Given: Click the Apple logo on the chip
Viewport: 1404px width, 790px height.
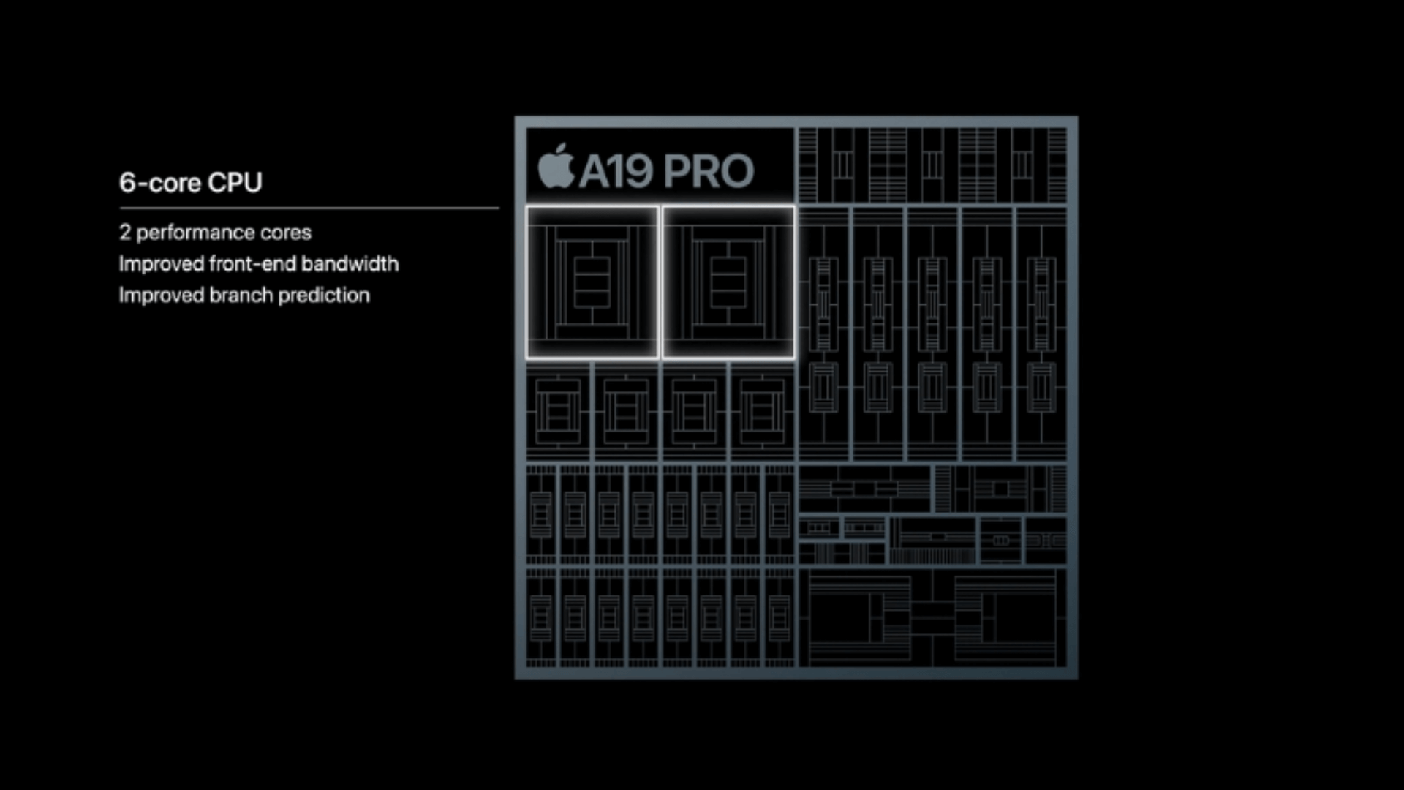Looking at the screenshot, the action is tap(556, 167).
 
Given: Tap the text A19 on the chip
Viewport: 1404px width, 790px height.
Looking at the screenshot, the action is tap(616, 171).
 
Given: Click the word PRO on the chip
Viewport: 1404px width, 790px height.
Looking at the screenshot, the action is tap(709, 171).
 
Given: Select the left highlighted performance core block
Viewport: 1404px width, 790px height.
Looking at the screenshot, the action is tap(592, 282).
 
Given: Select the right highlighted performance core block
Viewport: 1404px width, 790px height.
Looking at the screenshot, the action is tap(728, 282).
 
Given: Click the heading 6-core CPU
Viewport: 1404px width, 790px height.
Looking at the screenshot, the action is tap(190, 182).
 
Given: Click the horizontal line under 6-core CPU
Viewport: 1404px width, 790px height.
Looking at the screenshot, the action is tap(309, 208).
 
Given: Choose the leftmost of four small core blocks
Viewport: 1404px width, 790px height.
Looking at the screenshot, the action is tap(558, 411).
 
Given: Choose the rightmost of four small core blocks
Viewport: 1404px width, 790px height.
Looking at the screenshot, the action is tap(762, 411).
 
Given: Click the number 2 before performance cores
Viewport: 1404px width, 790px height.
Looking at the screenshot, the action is tap(125, 233).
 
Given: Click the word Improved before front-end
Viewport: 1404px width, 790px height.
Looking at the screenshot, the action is tap(161, 263).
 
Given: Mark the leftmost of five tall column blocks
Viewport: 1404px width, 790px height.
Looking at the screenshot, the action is tap(823, 334).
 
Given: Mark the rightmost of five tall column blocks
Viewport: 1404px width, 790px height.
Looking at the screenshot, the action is tap(1041, 334).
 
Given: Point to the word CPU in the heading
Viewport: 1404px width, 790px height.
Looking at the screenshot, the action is tap(235, 182).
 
